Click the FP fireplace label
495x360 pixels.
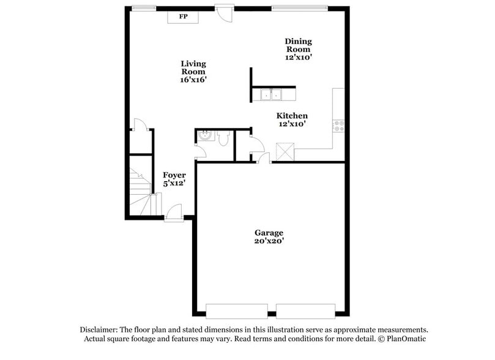click(183, 17)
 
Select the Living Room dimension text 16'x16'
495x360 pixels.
click(193, 80)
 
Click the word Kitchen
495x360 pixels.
click(292, 115)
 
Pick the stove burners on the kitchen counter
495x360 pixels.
click(338, 125)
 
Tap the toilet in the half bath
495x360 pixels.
click(223, 140)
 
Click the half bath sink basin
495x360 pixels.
click(203, 136)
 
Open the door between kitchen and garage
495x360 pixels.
click(264, 159)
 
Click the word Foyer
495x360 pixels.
click(174, 175)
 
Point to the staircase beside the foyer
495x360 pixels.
click(140, 189)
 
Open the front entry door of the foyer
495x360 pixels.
click(173, 214)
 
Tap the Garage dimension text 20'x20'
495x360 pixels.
click(269, 241)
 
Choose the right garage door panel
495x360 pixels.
click(305, 310)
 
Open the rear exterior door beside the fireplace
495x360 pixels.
click(225, 12)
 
